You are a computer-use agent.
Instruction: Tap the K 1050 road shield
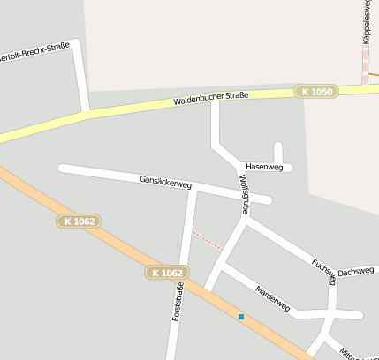click(x=317, y=91)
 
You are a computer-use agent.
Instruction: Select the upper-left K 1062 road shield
click(x=80, y=221)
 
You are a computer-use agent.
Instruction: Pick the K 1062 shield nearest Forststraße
click(x=167, y=274)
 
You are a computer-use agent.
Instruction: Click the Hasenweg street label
click(x=264, y=167)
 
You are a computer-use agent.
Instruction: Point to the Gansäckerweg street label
click(x=165, y=183)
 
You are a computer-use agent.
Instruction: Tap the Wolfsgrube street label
click(x=245, y=194)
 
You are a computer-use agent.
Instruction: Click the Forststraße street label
click(x=177, y=301)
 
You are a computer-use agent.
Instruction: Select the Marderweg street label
click(x=272, y=298)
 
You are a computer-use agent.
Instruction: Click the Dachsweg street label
click(x=356, y=273)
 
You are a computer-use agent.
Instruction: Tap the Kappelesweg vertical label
click(x=367, y=22)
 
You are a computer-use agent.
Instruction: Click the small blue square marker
click(x=240, y=316)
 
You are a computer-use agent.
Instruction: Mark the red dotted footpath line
click(x=208, y=240)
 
